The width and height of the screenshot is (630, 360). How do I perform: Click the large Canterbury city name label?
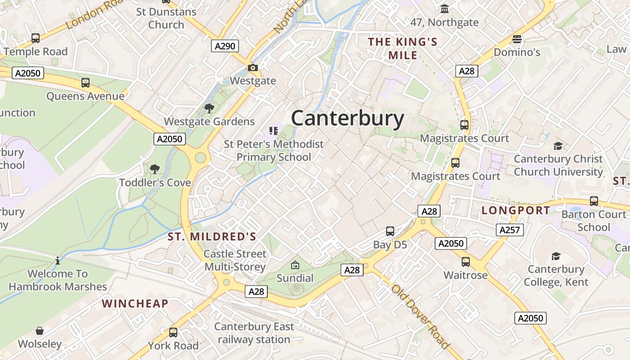347,119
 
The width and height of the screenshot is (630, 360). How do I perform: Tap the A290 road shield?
225,46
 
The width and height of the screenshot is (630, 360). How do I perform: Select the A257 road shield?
510,230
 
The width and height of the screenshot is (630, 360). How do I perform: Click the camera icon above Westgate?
253,68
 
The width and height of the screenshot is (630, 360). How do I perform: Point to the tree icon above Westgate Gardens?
209,108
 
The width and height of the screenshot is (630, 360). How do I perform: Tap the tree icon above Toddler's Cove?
155,169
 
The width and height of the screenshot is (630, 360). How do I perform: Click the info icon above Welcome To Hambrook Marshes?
58,261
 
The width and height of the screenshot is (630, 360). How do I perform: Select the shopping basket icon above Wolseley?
40,331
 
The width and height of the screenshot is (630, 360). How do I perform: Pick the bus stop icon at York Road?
173,333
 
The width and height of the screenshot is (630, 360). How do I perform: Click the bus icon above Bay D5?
390,231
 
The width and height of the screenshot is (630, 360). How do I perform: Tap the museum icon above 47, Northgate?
445,9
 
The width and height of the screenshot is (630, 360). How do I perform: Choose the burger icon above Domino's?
517,39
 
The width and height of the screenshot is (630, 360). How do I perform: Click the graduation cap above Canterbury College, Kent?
556,256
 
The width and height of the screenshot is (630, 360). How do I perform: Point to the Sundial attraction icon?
295,265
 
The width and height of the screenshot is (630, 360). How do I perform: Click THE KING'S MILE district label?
403,49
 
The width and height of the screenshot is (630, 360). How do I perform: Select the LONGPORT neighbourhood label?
516,211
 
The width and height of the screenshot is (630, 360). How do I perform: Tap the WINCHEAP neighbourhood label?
135,304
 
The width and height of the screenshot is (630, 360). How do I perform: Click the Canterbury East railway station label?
254,333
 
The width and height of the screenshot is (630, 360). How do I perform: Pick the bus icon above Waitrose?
465,261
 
